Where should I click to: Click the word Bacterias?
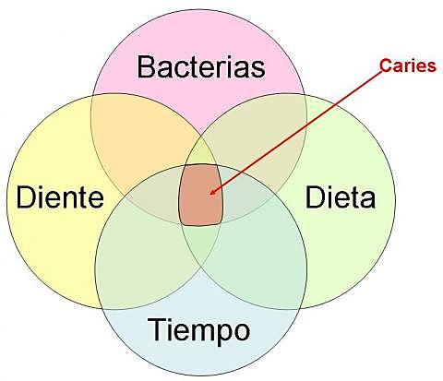[200, 67]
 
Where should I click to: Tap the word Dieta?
[340, 196]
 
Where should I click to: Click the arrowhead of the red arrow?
[211, 194]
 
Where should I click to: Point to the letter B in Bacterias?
[146, 67]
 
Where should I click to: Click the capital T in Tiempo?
[154, 328]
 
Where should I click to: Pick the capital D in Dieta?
[315, 196]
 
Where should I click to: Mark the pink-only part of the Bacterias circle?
[200, 37]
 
